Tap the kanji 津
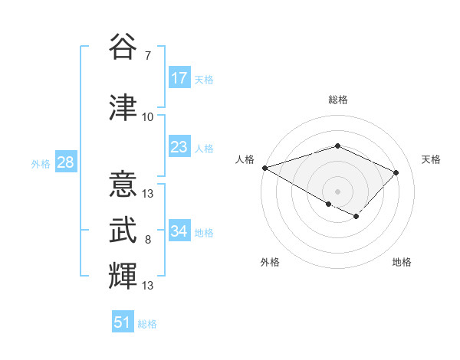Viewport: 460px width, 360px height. [x=123, y=107]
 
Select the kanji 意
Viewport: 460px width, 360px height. [x=123, y=185]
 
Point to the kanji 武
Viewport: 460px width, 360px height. [x=123, y=230]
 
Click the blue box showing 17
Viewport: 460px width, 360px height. [x=179, y=78]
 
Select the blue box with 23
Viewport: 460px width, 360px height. [x=179, y=147]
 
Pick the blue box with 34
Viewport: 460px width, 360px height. [x=179, y=231]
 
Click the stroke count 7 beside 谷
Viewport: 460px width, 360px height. [x=148, y=56]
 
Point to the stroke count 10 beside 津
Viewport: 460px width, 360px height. [x=148, y=117]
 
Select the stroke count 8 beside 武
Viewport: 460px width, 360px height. [x=148, y=240]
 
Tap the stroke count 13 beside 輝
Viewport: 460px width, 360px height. [x=148, y=286]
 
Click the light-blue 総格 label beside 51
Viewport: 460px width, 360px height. [x=147, y=324]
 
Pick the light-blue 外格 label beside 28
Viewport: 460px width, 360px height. [x=41, y=164]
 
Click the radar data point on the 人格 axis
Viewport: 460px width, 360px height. [x=264, y=168]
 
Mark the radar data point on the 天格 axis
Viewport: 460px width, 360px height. [x=396, y=172]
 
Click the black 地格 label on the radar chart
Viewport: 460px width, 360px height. [x=402, y=263]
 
